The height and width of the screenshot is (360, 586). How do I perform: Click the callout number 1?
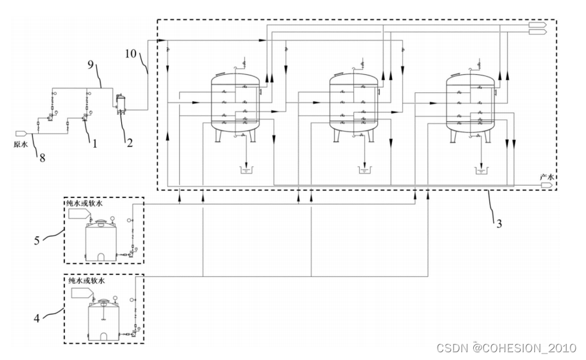94,143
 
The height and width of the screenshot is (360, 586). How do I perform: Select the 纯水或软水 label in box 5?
84,204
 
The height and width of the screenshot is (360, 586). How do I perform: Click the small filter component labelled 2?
121,103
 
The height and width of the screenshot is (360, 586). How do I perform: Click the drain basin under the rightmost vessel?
481,170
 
